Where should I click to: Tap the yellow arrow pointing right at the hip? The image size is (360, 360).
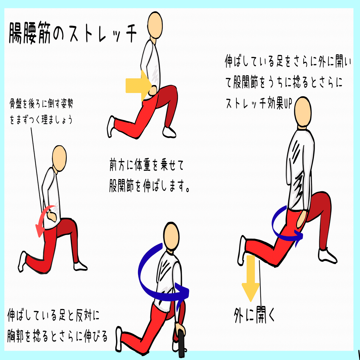[138, 85]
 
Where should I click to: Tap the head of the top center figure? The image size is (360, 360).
[155, 25]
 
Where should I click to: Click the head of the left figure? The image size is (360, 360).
[59, 158]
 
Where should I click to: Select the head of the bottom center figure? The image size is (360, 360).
[171, 236]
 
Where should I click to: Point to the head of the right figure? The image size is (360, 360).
[303, 112]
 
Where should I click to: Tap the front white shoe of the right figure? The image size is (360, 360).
[327, 256]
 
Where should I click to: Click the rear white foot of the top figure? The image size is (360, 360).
[110, 127]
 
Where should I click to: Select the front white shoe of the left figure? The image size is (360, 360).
[80, 266]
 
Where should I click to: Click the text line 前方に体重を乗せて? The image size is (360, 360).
[147, 165]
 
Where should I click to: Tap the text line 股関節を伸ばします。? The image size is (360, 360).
[149, 186]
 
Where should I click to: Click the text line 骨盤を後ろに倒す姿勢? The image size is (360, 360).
[41, 104]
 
